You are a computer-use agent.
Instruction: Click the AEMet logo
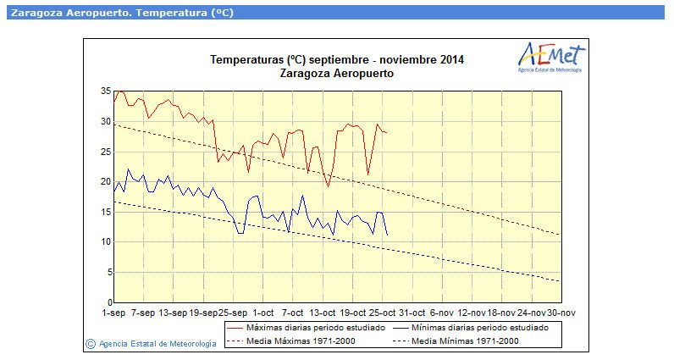tap(551, 58)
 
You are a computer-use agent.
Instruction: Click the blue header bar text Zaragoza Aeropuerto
tap(70, 13)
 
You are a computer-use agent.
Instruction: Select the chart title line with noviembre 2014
tap(337, 60)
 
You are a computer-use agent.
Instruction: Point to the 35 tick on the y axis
tap(106, 91)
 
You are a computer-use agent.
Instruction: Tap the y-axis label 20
tap(106, 181)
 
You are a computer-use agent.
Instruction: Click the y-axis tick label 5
tap(109, 272)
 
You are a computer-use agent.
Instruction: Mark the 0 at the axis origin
tap(109, 302)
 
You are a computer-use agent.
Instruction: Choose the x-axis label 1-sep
tap(113, 313)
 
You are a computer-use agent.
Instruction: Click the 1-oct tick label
tap(263, 313)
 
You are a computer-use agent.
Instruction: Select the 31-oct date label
tap(412, 313)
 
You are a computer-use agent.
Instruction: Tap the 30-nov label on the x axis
tap(561, 313)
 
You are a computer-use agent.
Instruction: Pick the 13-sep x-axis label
tap(174, 313)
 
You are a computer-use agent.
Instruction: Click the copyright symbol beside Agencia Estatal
tap(91, 344)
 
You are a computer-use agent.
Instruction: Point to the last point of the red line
tap(387, 132)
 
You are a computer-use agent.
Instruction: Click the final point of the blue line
tap(387, 235)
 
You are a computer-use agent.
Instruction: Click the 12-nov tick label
tap(472, 313)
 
